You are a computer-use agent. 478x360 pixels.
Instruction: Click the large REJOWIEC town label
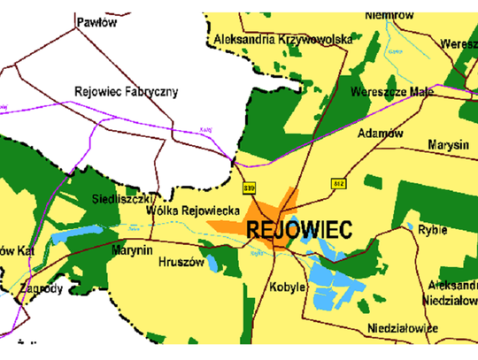tap(301, 229)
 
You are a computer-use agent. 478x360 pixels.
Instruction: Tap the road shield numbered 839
tap(250, 188)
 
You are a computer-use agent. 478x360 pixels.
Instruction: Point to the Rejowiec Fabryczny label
tap(127, 91)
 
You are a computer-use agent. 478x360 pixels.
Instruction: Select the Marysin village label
tap(445, 143)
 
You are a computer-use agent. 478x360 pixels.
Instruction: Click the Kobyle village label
tap(289, 287)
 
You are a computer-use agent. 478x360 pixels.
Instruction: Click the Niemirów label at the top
tap(390, 13)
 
